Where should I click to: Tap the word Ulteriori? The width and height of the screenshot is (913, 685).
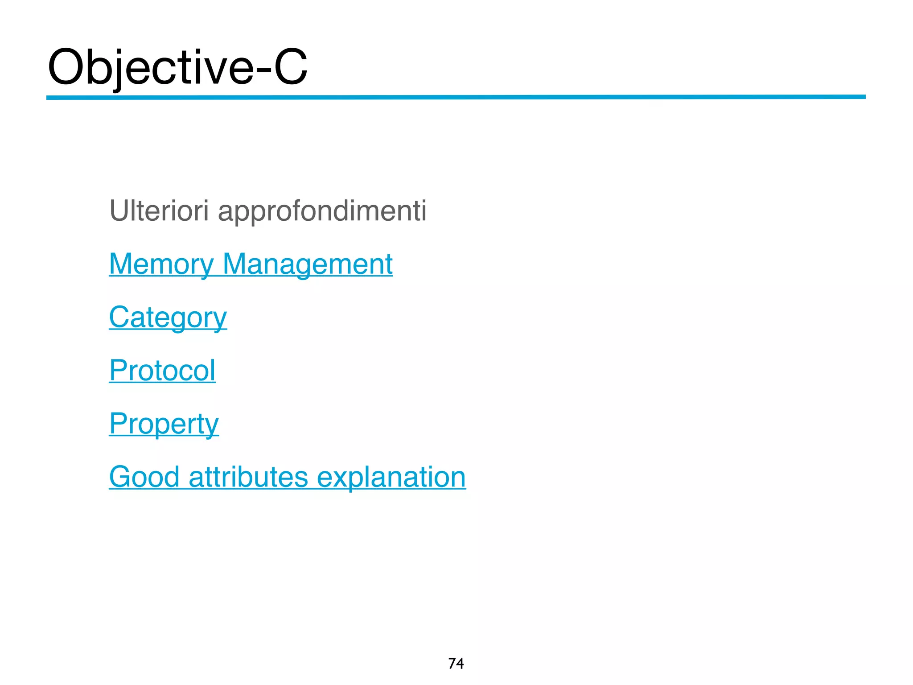tap(159, 210)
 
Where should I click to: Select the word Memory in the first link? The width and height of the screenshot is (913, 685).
tap(161, 264)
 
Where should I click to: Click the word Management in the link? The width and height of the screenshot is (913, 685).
tap(308, 264)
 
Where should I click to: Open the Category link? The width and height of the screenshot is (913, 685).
tap(168, 318)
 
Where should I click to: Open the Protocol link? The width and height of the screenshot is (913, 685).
tap(162, 371)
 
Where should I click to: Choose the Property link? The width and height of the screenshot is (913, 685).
tap(164, 424)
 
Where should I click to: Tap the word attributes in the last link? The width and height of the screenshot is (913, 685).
tap(248, 477)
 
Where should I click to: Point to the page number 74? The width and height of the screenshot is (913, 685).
tap(456, 664)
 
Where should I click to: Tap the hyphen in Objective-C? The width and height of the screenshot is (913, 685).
tap(263, 71)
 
